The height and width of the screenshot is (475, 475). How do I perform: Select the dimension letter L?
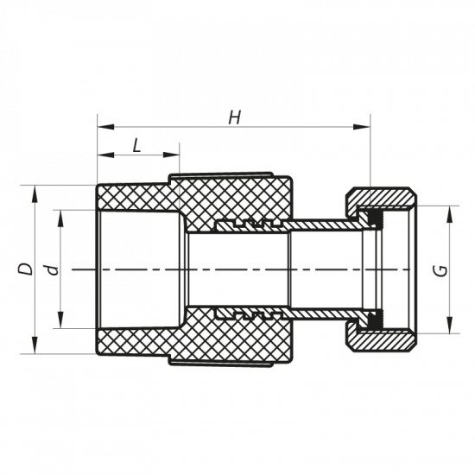(x=136, y=145)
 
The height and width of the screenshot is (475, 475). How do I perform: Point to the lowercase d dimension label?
(x=53, y=269)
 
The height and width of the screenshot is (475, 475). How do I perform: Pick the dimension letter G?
(x=440, y=269)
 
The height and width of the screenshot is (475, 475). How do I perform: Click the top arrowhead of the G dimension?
(x=450, y=212)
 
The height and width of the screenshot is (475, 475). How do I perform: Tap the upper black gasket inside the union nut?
(x=372, y=222)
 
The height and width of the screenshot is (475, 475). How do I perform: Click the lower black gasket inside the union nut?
(x=372, y=318)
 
